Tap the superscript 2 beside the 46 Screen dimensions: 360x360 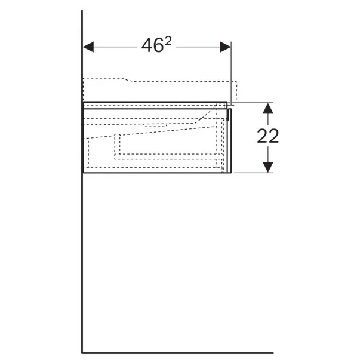click(x=168, y=41)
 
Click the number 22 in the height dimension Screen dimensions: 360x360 click(x=268, y=136)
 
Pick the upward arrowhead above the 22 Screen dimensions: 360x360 click(x=268, y=107)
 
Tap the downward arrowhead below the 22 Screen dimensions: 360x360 click(x=268, y=167)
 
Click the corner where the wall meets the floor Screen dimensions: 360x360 click(x=82, y=352)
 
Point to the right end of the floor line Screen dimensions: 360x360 click(x=272, y=352)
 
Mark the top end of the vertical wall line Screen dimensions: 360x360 click(x=82, y=10)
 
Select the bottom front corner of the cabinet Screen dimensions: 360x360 click(x=229, y=173)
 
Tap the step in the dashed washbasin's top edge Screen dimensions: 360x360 click(x=125, y=79)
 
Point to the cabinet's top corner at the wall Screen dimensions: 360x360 click(x=83, y=102)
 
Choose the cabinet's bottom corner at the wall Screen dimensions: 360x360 click(x=83, y=173)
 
